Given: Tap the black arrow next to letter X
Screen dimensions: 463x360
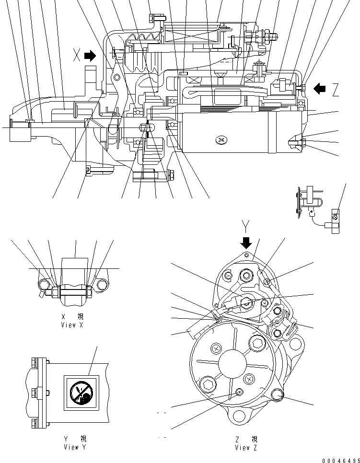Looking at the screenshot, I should click(90, 56).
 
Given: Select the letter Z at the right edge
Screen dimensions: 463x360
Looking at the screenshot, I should click(336, 89).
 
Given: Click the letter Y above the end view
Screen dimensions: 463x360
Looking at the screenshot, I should click(245, 225).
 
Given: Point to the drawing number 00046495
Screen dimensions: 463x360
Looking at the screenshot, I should click(340, 460).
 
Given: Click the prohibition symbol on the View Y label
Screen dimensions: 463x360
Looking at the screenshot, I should click(80, 391).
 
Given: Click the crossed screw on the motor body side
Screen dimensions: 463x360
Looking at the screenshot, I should click(221, 140).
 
